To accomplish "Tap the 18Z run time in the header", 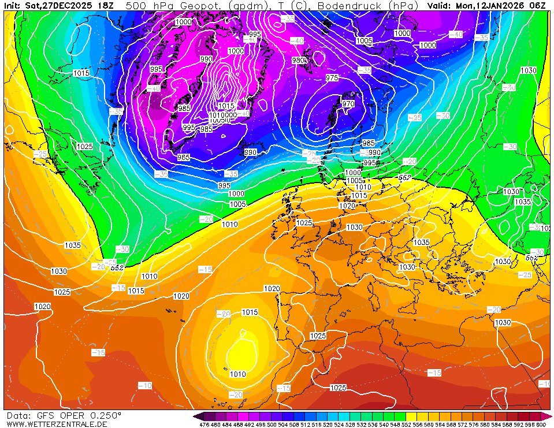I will pos(106,6).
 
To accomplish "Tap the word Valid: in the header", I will pos(441,6).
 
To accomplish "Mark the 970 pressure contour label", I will pos(348,104).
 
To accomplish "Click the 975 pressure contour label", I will pos(332,77).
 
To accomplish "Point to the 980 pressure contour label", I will pos(299,60).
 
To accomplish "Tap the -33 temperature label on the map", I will pos(287,18).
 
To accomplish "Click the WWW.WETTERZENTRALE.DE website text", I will pos(57,424).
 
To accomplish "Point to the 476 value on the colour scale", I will pos(204,425).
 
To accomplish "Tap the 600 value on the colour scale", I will pos(541,425).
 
